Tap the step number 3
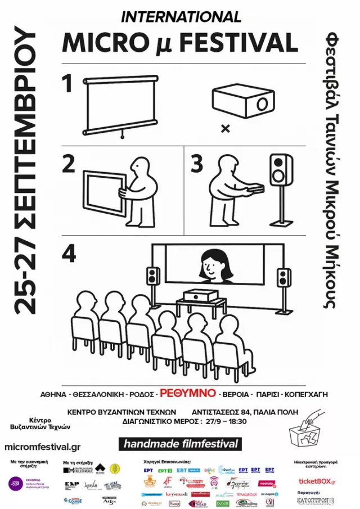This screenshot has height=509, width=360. click(197, 164)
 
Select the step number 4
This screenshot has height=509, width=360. click(69, 254)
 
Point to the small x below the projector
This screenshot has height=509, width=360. click(226, 129)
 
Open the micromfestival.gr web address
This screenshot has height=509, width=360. click(42, 447)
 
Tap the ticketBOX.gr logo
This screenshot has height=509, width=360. click(317, 481)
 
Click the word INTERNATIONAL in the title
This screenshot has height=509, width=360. click(181, 17)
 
